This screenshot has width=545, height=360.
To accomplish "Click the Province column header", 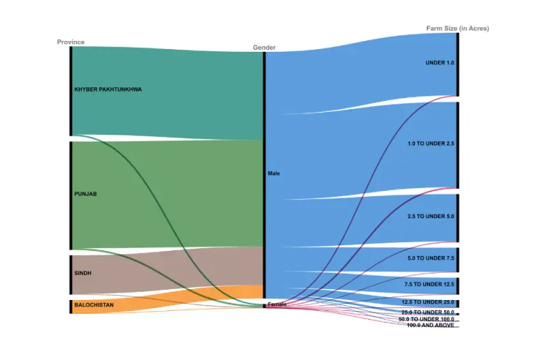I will tap(71, 42).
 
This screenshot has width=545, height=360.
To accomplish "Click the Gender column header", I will tap(264, 48).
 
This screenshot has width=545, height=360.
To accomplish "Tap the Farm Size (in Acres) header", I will tap(457, 29).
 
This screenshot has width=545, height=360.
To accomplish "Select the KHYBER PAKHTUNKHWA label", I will tap(108, 89).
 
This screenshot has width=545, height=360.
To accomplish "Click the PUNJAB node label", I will tap(86, 194).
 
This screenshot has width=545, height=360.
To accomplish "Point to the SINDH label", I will tap(83, 273).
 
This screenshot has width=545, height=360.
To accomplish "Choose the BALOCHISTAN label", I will tap(94, 305).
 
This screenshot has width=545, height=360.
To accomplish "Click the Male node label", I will tap(274, 174).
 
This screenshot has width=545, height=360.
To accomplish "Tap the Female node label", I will tap(277, 304).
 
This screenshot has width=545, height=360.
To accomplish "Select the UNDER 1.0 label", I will tap(439, 63).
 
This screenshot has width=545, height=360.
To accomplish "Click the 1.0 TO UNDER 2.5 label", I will tap(431, 144).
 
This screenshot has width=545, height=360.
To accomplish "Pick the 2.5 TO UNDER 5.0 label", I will tap(431, 216).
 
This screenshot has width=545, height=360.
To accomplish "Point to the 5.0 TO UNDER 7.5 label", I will tap(431, 258).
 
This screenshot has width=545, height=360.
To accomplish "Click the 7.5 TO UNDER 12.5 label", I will tap(429, 284).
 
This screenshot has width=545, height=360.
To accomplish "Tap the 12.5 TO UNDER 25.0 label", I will tap(428, 302).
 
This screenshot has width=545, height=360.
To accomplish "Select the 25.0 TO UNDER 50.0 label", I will tap(428, 312).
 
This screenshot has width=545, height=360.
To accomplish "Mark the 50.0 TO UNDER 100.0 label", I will tap(426, 319).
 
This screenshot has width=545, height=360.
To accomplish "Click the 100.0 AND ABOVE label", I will tap(431, 325).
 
